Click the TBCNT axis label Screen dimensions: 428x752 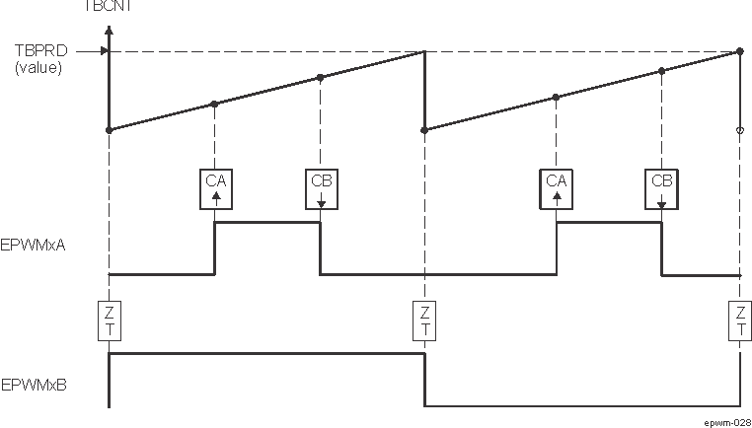[x=109, y=5]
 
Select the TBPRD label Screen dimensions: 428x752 [x=38, y=51]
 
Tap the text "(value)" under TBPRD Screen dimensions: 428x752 [x=38, y=68]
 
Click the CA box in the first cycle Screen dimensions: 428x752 [x=215, y=187]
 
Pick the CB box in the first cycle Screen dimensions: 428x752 [x=321, y=187]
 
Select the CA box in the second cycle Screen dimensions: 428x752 [x=557, y=187]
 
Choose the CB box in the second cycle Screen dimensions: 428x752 [x=661, y=187]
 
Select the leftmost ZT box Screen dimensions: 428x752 [x=109, y=321]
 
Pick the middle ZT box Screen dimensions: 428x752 [x=424, y=321]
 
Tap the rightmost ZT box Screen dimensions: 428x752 [x=740, y=321]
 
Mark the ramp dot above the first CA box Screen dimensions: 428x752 [x=214, y=104]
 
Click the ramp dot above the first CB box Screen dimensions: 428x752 [x=320, y=77]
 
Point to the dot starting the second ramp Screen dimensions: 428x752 [x=424, y=129]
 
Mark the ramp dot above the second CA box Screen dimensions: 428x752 [x=557, y=97]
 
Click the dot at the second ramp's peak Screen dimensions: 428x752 [x=740, y=51]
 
